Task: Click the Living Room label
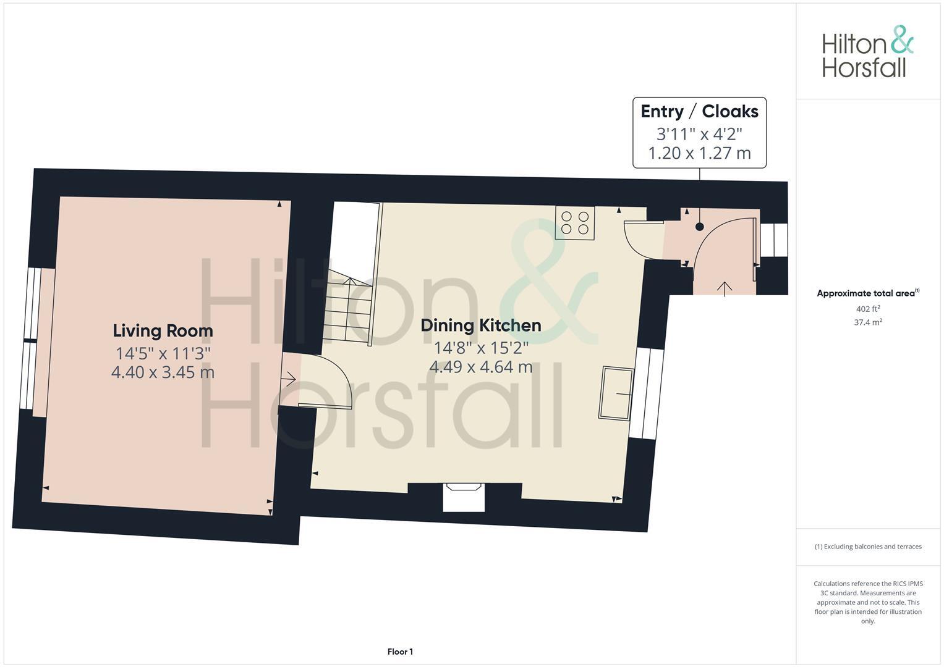coord(163,331)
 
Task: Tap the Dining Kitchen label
coord(480,325)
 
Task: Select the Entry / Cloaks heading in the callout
coord(699,112)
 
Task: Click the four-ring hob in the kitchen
coord(574,223)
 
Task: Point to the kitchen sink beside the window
coord(616,393)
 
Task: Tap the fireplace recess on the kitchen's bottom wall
coord(464,498)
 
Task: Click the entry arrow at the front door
coord(724,288)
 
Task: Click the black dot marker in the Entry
coord(699,227)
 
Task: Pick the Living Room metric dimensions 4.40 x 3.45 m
coord(163,372)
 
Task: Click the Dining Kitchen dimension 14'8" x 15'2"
coord(480,347)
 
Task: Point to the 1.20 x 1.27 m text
coord(699,153)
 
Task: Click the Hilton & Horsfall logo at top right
coord(867,52)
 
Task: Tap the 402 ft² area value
coord(867,309)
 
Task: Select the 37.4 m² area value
coord(867,322)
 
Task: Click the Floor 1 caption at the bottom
coord(400,652)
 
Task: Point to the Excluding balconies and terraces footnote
coord(867,547)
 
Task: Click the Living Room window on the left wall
coord(28,339)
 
